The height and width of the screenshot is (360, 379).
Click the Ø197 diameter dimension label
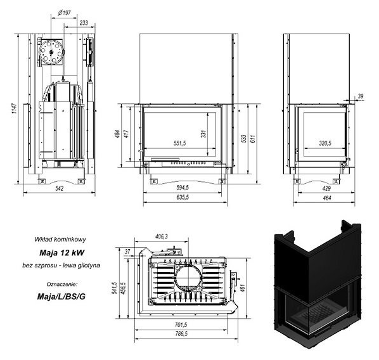64,13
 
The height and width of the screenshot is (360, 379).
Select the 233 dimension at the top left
84,23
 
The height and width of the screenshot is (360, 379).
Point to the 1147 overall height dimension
15,108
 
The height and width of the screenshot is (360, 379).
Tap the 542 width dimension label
60,188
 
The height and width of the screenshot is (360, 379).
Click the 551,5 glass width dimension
180,143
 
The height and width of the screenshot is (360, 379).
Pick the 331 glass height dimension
203,134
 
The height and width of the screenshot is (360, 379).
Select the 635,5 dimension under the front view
183,197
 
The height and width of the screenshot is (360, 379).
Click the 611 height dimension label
253,139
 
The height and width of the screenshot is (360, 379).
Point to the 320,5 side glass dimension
325,143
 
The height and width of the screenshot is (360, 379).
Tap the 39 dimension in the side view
361,96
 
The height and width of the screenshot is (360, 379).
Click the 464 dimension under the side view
327,198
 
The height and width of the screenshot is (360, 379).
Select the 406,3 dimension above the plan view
161,236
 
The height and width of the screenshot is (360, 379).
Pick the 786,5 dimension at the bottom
181,333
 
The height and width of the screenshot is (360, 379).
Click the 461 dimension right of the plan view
243,288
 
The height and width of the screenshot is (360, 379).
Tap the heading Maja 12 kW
62,253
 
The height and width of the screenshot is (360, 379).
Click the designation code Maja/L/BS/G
61,297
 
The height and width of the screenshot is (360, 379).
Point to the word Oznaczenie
62,284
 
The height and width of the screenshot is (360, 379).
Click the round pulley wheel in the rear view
51,52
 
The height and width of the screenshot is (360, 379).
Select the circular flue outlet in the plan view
188,278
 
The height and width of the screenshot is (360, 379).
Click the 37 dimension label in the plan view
127,252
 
